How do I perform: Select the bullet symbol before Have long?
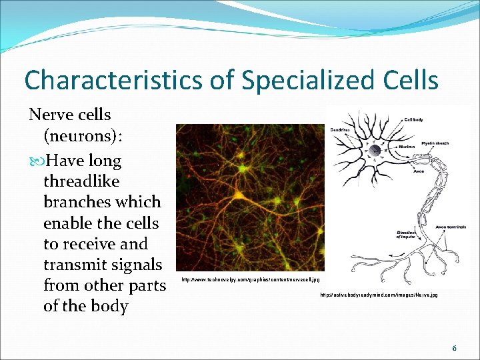point(37,161)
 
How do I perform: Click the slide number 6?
point(454,348)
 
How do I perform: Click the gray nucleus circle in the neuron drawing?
point(375,151)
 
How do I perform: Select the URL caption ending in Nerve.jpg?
point(379,294)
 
